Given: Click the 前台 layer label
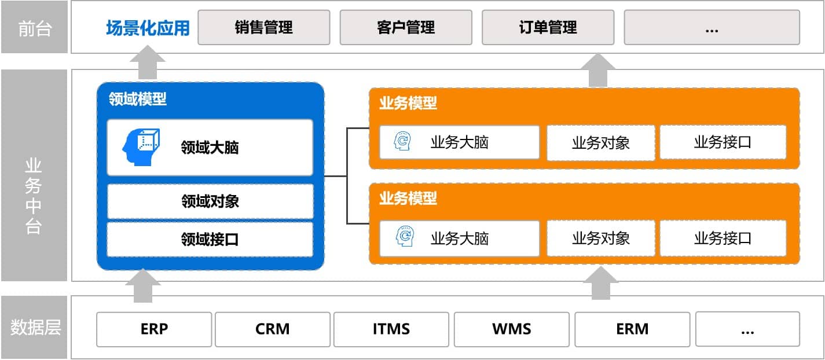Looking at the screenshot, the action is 35,28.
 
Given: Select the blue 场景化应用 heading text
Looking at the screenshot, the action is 148,28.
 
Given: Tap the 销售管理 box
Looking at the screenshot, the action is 263,28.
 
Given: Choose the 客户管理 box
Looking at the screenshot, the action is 406,28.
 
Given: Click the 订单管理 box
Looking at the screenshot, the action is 548,28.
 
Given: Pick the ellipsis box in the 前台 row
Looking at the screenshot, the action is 712,28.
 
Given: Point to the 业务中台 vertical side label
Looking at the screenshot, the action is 34,196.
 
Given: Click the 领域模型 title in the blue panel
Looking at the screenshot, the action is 137,99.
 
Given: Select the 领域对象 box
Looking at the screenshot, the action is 210,201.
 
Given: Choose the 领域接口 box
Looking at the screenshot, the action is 210,239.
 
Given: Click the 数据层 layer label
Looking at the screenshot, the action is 35,327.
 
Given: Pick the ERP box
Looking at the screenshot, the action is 154,329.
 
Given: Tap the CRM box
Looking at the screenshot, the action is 273,329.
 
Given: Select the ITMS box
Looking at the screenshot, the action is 391,329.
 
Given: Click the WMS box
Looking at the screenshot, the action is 512,329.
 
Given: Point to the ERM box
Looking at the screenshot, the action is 632,329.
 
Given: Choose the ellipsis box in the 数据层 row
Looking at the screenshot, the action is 747,329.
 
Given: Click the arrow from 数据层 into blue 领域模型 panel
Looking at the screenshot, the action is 143,286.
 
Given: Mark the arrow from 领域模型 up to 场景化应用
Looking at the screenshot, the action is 148,62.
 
